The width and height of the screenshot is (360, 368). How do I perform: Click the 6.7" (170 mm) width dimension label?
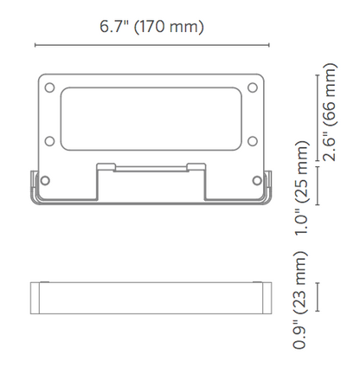[151, 27]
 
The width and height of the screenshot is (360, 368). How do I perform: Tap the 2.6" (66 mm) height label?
[330, 112]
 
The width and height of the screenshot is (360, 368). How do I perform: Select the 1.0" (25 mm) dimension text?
[302, 188]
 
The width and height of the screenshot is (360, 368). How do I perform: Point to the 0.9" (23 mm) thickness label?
[300, 300]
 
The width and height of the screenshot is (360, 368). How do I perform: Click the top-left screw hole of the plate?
[49, 87]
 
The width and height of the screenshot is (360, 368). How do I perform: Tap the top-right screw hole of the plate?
[253, 87]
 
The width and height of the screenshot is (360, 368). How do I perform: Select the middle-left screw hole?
[49, 141]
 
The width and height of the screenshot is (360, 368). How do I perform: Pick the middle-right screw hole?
[253, 141]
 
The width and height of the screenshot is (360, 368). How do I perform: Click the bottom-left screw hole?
[45, 180]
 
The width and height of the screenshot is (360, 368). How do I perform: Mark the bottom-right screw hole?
[257, 180]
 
